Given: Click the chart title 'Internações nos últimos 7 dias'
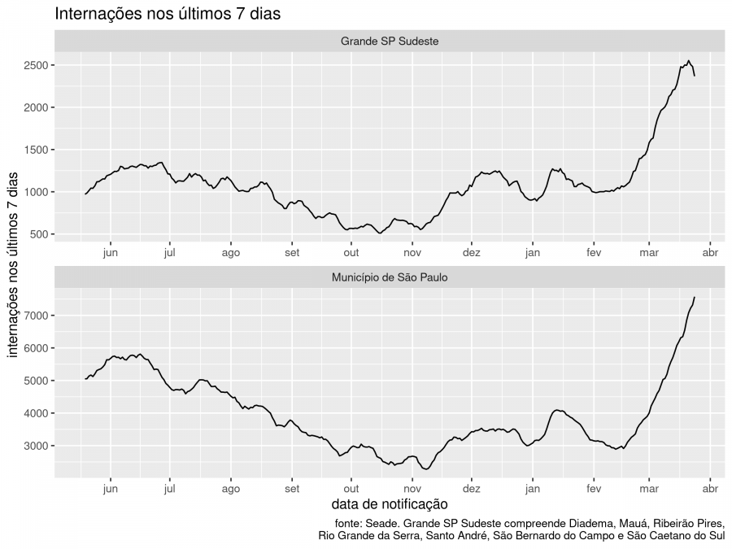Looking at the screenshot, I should [168, 14].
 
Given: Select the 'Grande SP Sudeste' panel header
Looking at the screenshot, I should [390, 41].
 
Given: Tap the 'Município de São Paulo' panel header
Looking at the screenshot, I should [390, 277].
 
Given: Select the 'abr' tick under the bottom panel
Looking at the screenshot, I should [710, 489].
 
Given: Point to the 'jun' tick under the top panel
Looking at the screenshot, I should [111, 252].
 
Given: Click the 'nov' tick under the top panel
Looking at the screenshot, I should [412, 252].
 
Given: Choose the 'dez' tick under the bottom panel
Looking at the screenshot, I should [471, 489].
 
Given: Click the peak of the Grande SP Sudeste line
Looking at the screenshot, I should [688, 61].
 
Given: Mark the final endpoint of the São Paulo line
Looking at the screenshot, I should [695, 297].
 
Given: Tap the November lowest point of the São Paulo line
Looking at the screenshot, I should [426, 469].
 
